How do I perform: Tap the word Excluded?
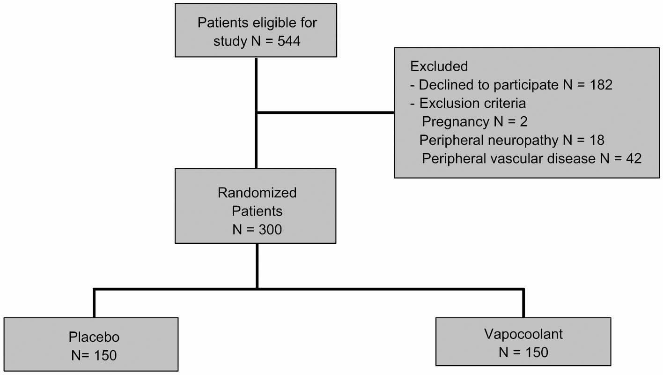pyautogui.click(x=439, y=67)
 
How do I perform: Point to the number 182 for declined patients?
pyautogui.click(x=599, y=85)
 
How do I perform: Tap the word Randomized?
pyautogui.click(x=257, y=193)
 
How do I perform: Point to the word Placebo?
pyautogui.click(x=94, y=337)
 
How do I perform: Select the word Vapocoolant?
pyautogui.click(x=523, y=334)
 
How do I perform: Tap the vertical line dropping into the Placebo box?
pyautogui.click(x=94, y=303)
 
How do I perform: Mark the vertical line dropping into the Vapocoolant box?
pyautogui.click(x=523, y=303)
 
